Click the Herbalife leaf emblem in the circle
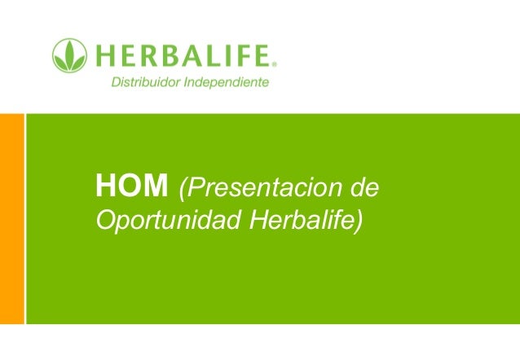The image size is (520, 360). click(69, 56)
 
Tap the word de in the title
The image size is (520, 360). click(364, 189)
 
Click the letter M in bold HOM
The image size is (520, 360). click(156, 189)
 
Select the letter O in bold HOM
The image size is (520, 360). click(131, 189)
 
